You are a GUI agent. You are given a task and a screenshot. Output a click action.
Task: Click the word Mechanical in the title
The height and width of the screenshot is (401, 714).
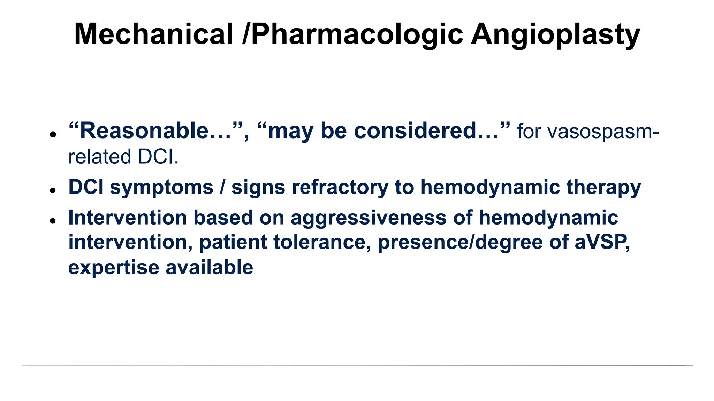point(153,34)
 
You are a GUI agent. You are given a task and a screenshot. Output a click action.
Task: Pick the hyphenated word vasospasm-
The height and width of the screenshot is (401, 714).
point(588,132)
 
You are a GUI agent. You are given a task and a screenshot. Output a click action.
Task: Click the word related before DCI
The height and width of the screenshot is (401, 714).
point(100,157)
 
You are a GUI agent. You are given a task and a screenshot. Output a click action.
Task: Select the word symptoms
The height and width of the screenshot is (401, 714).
point(161,187)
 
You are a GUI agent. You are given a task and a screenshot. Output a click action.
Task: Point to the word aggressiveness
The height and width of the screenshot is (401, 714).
point(369,218)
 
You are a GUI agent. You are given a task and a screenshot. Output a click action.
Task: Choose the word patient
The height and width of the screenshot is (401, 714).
point(233,242)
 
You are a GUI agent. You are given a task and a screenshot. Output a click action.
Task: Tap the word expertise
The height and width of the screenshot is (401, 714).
point(114,267)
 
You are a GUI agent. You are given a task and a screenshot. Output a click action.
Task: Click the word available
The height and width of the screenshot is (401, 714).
point(209,267)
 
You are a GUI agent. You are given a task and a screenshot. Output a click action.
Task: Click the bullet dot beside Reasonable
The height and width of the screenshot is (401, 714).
point(53,134)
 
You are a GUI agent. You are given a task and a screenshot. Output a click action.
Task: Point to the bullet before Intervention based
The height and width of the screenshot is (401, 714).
point(53,221)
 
